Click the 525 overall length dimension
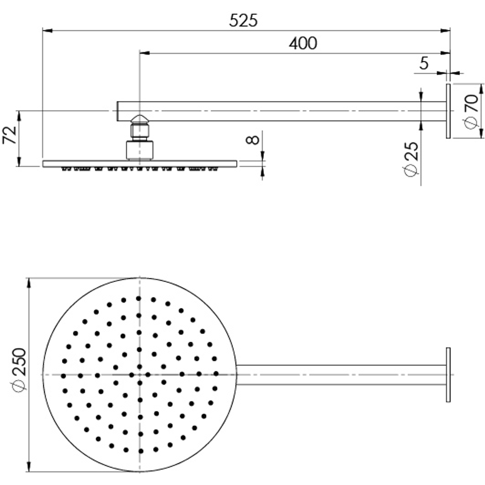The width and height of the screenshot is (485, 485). tap(243, 21)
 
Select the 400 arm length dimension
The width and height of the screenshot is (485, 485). tap(303, 44)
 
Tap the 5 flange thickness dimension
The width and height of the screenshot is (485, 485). tap(424, 64)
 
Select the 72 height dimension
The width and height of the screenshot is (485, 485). tap(10, 135)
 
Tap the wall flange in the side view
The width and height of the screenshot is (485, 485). tap(448, 111)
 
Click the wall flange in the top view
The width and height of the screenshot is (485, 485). tap(448, 375)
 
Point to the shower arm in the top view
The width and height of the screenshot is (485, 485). tap(341, 375)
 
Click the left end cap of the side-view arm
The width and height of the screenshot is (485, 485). tap(118, 111)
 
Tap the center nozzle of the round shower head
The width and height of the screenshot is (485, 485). tap(140, 375)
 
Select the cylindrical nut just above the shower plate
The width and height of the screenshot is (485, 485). tap(140, 150)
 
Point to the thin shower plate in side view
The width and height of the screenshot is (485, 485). tap(140, 163)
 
